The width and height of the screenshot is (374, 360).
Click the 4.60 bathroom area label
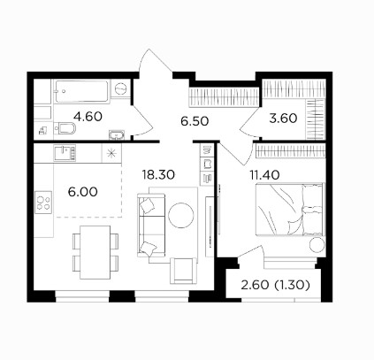(x=88, y=117)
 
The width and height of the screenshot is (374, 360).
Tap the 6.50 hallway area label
(x=195, y=121)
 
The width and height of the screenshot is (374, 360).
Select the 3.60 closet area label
(x=283, y=119)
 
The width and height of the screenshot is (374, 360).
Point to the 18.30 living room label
(x=158, y=175)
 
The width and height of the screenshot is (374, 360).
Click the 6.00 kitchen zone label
(x=82, y=192)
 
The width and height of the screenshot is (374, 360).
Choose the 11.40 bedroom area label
(x=264, y=175)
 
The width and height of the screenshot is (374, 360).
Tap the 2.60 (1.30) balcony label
(x=275, y=285)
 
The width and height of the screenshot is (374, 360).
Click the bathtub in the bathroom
(x=81, y=91)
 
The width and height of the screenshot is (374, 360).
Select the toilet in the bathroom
(x=65, y=128)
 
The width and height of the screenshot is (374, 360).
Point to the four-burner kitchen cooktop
(x=43, y=203)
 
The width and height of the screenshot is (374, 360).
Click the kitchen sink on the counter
(x=65, y=153)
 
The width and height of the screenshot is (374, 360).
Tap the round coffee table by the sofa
(x=181, y=215)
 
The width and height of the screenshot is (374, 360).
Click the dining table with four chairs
(x=95, y=252)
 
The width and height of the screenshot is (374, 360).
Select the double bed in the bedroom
(x=290, y=210)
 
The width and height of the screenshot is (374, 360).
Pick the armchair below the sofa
(x=183, y=271)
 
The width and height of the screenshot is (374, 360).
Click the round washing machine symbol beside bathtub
(x=120, y=88)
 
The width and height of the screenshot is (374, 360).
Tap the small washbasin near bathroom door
(x=118, y=135)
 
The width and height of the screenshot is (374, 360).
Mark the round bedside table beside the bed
(x=317, y=244)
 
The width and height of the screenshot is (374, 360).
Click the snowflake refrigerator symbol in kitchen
(x=111, y=153)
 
